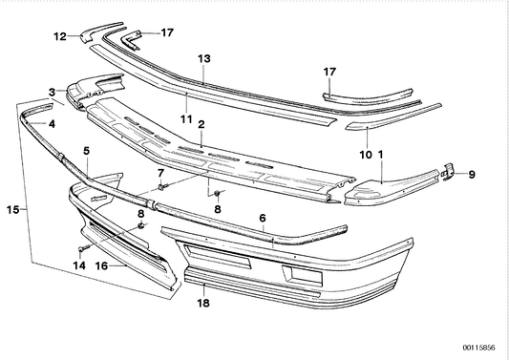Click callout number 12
59,37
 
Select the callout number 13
202,58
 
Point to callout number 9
470,174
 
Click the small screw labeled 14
81,247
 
